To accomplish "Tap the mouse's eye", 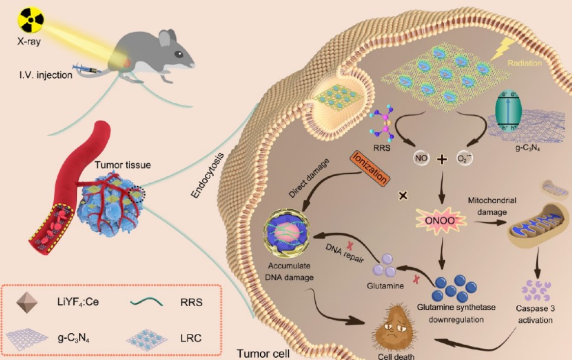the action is pyautogui.click(x=179, y=54).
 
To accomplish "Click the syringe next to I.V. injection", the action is pyautogui.click(x=85, y=69).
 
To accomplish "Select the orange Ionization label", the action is pyautogui.click(x=370, y=168).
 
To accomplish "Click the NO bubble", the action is pyautogui.click(x=421, y=158).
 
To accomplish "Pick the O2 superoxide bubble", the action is pyautogui.click(x=464, y=158).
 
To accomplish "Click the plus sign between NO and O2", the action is pyautogui.click(x=442, y=159).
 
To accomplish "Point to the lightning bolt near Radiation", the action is pyautogui.click(x=503, y=49).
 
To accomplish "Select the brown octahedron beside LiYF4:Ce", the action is pyautogui.click(x=27, y=302).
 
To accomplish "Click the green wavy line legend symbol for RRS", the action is pyautogui.click(x=147, y=301).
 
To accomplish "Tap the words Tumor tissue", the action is pyautogui.click(x=122, y=165).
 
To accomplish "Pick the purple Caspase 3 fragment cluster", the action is pyautogui.click(x=537, y=290).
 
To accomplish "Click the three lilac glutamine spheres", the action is pyautogui.click(x=385, y=266).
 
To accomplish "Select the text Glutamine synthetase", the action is pyautogui.click(x=456, y=307).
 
